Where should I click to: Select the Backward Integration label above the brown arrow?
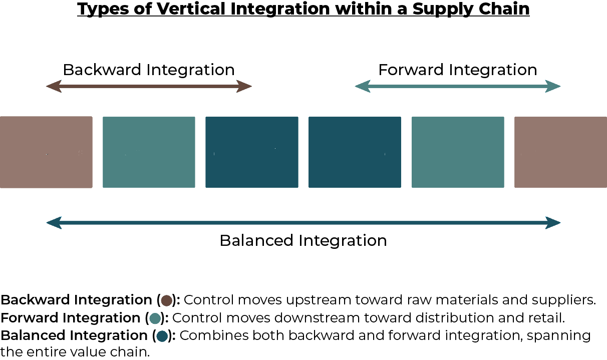(x=149, y=70)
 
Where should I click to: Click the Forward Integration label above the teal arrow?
(x=458, y=70)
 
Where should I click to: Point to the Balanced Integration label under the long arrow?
(x=303, y=240)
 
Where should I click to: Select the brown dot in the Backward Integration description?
(x=166, y=300)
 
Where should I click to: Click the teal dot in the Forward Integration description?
(x=155, y=318)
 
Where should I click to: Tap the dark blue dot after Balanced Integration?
(x=162, y=336)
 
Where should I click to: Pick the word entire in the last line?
(x=46, y=352)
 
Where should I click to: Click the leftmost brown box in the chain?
(x=46, y=152)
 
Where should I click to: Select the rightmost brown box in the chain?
(x=560, y=152)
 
